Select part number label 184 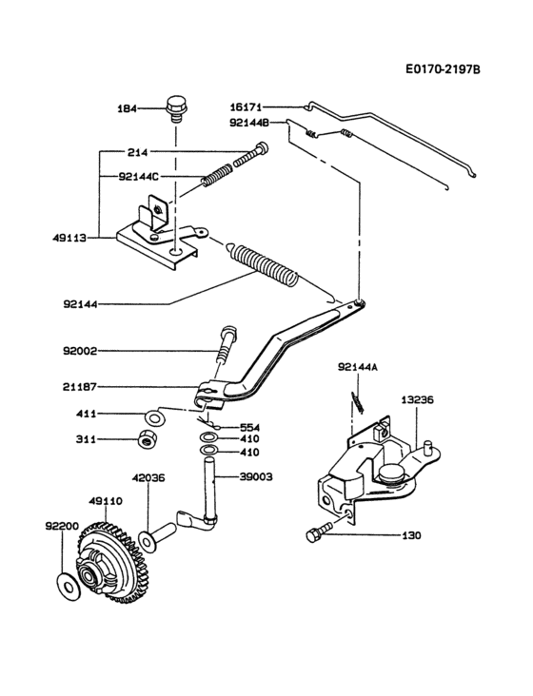(128, 108)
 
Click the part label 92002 (81, 351)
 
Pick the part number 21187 (81, 387)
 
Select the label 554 (249, 427)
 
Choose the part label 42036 (148, 478)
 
